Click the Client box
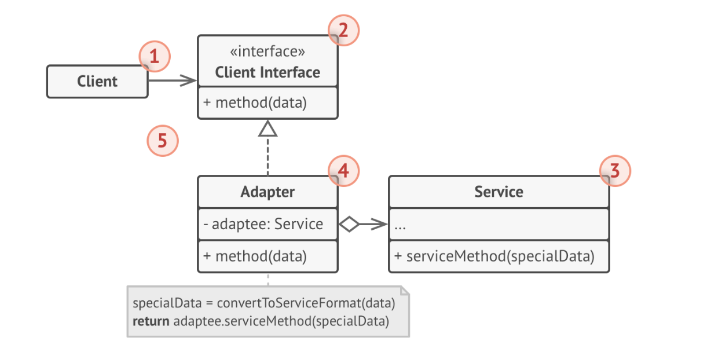97,82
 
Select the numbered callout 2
343,30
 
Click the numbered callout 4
343,171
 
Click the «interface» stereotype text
267,52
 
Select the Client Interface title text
267,72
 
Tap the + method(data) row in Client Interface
255,103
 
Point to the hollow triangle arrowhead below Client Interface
267,128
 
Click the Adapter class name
267,192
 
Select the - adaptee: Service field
263,224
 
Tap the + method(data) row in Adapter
255,256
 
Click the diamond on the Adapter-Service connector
349,225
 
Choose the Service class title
499,192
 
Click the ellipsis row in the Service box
400,226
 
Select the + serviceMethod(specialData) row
494,256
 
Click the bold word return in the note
151,321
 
